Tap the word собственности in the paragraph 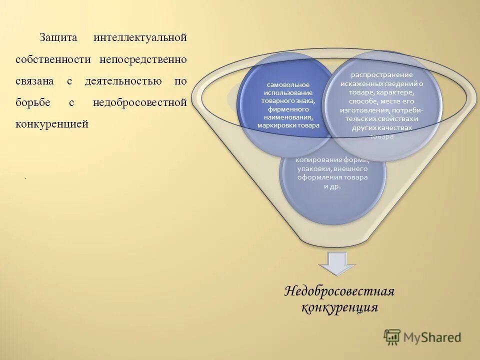pyautogui.click(x=53, y=59)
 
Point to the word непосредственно pyautogui.click(x=143, y=59)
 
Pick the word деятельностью pyautogui.click(x=122, y=81)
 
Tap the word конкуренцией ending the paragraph pyautogui.click(x=51, y=124)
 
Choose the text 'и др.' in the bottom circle pyautogui.click(x=332, y=186)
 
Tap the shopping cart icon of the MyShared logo pyautogui.click(x=392, y=337)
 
